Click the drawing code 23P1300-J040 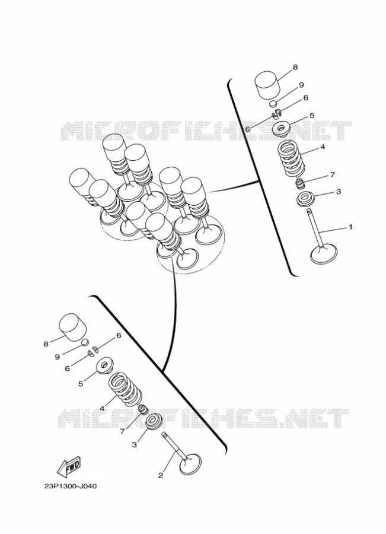point(71,487)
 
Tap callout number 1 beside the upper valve point(350,227)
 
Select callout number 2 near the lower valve point(161,475)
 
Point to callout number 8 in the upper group point(295,67)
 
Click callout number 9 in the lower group point(57,357)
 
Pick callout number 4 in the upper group point(323,147)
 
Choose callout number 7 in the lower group point(122,432)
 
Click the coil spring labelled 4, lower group point(125,389)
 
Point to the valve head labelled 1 point(324,255)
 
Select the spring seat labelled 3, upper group point(305,199)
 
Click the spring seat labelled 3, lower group point(154,421)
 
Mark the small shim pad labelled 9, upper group point(275,103)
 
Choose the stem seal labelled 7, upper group point(300,184)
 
